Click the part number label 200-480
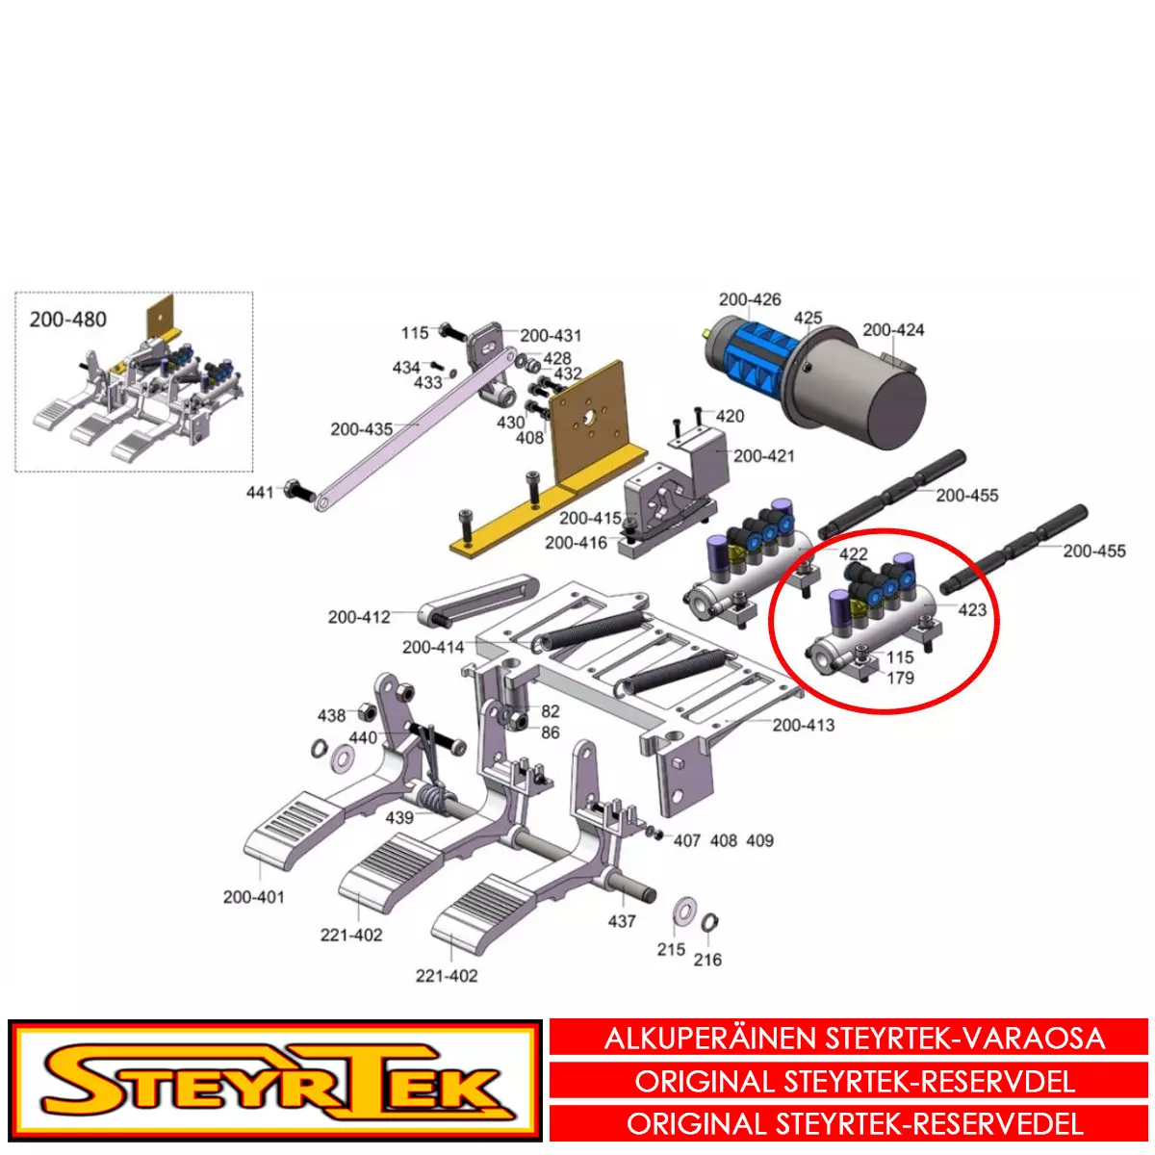(68, 320)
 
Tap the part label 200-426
(750, 299)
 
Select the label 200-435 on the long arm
(362, 429)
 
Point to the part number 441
(260, 492)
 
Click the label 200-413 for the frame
(803, 726)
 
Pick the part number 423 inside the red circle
(972, 609)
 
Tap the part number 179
(900, 678)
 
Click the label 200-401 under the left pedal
(253, 897)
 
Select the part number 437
(622, 921)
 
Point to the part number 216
(707, 960)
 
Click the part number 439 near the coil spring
(399, 817)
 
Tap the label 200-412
(359, 617)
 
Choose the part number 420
(730, 416)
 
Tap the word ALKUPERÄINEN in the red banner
(711, 1039)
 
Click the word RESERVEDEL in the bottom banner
(1000, 1124)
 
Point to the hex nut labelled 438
(366, 713)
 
